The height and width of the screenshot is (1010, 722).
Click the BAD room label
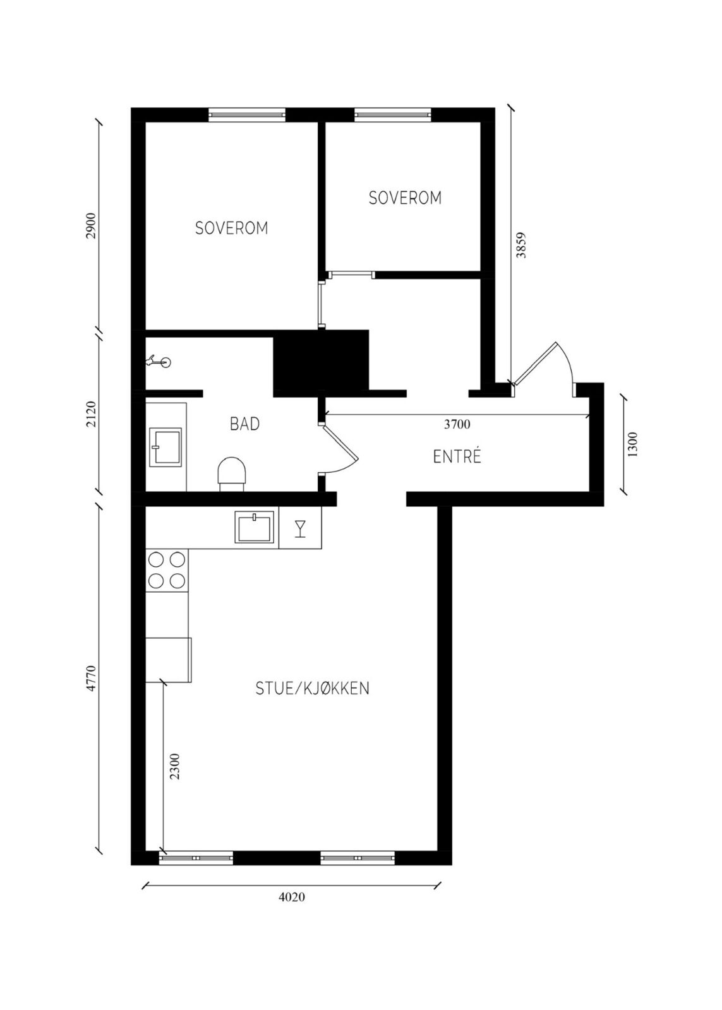click(244, 424)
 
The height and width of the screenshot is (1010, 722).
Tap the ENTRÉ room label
click(457, 457)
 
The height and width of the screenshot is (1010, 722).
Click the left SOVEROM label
click(231, 228)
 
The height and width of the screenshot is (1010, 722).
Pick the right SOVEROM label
click(405, 198)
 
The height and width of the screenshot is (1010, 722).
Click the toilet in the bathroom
click(232, 473)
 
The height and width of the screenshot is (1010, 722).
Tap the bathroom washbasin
click(165, 448)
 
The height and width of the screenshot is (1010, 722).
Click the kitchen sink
click(255, 526)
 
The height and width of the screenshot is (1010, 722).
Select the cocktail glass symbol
click(299, 528)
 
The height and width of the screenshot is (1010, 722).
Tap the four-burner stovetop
click(167, 570)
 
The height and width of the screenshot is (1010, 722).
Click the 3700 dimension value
click(457, 424)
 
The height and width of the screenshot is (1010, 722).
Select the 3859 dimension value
click(521, 245)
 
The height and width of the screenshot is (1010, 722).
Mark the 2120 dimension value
click(92, 414)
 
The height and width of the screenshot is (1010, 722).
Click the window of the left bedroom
click(247, 114)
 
